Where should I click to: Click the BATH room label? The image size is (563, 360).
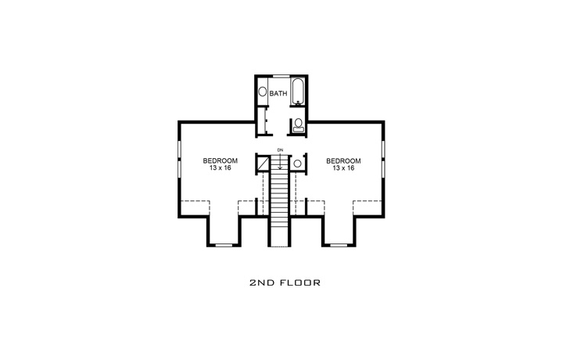278,94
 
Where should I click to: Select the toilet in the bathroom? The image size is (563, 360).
298,124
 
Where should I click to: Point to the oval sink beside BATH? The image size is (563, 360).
263,92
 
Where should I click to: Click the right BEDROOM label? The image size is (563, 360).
343,160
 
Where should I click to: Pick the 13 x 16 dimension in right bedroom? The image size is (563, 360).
343,169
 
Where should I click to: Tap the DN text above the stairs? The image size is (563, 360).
280,149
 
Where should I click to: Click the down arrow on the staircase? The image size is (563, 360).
280,162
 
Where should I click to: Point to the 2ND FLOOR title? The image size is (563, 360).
281,281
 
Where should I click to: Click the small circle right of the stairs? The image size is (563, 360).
298,164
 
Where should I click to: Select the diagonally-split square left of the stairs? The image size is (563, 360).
264,163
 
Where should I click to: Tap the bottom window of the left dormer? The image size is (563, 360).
224,245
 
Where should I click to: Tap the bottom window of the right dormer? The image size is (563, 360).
338,245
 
